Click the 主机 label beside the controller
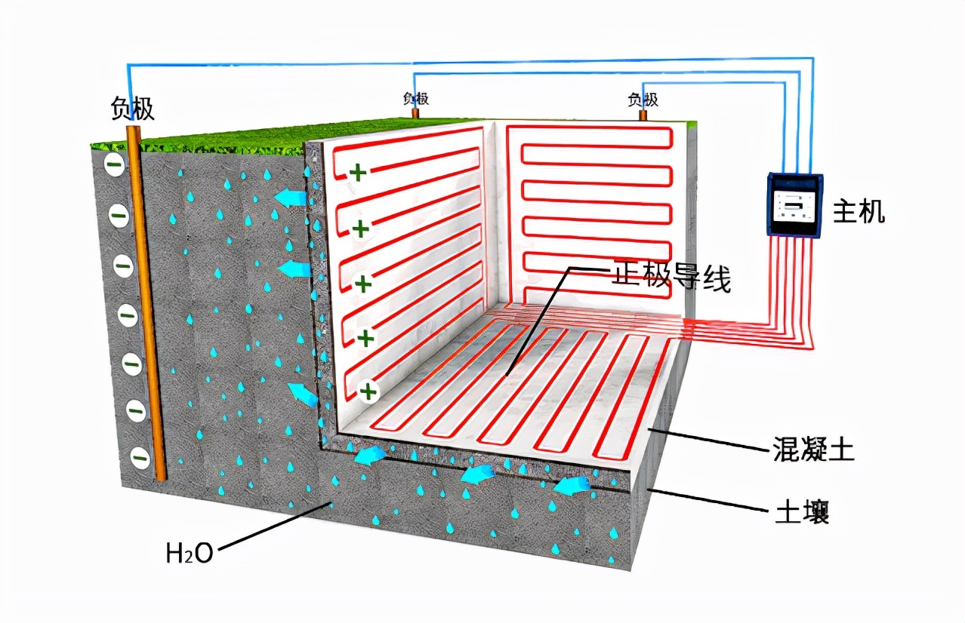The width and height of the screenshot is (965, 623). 858,212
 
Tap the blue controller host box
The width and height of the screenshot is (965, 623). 794,205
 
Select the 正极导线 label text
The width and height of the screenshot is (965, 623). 670,278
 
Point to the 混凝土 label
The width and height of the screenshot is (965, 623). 812,450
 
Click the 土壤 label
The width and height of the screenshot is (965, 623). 802,513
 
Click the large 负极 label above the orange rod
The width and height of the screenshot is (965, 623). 132,109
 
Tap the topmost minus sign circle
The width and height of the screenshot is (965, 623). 114,164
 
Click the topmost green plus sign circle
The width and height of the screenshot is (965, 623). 358,173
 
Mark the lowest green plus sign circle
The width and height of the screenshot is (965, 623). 368,391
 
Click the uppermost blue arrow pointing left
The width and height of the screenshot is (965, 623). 290,198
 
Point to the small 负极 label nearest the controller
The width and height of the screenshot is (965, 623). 643,100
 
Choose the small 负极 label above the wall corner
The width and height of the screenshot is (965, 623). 415,98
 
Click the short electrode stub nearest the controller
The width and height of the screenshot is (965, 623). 643,115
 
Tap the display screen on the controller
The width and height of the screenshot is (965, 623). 793,202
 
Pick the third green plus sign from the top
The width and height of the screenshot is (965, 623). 364,284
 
